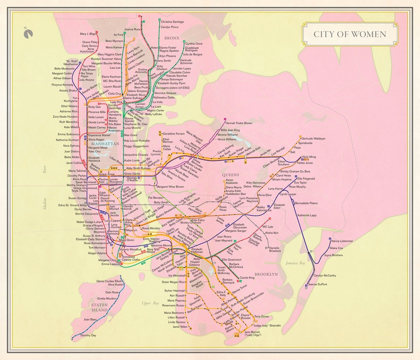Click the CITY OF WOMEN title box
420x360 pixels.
350,34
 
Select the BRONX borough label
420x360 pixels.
172,38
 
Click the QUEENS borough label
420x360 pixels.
230,175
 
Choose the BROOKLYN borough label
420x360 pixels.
266,274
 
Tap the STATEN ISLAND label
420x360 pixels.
99,307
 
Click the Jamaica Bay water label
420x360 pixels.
295,263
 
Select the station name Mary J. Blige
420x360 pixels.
87,34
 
